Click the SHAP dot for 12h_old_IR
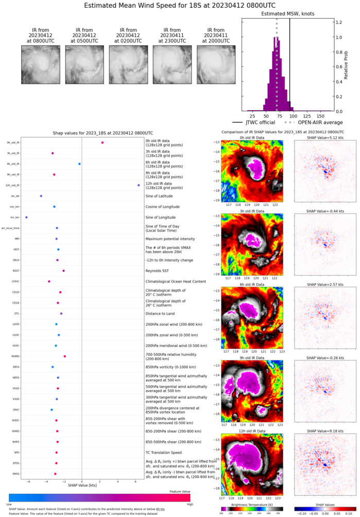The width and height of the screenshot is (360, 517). tap(139, 185)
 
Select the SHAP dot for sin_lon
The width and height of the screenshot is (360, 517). tap(26, 217)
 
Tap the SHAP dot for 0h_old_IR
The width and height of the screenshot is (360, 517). tap(102, 142)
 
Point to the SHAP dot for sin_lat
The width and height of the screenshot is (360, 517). tap(41, 196)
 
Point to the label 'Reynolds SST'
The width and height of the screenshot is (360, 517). tap(158, 271)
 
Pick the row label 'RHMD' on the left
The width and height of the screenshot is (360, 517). tap(15, 356)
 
